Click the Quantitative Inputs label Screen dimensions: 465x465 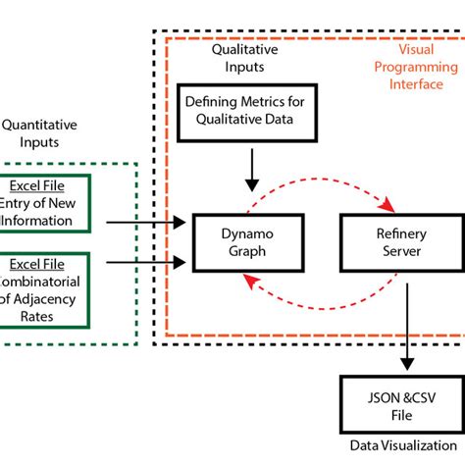click(x=39, y=133)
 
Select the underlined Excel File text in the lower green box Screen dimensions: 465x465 click(x=45, y=264)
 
